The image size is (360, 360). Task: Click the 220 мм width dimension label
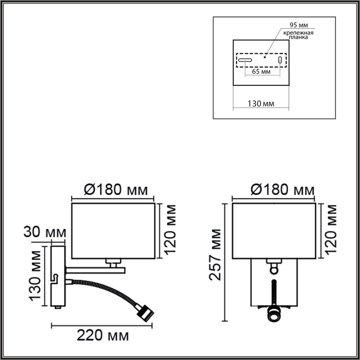(x=103, y=337)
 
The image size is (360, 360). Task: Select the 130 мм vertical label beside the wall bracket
(x=36, y=275)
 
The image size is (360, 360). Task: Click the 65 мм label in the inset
(x=261, y=72)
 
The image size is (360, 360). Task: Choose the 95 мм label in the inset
(x=299, y=25)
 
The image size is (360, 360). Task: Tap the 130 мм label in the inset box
(x=261, y=104)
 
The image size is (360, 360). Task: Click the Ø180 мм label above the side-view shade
(x=113, y=190)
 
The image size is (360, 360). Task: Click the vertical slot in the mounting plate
(x=280, y=60)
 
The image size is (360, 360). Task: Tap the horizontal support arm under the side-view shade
(x=95, y=270)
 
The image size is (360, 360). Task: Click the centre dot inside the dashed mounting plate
(x=265, y=57)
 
